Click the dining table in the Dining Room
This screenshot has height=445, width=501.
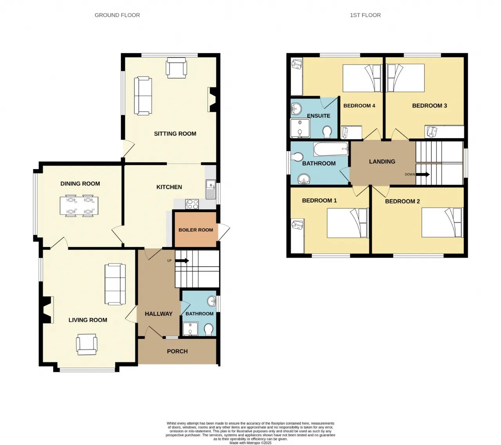79,205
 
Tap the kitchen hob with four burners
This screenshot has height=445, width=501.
192,204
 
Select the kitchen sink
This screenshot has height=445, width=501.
211,189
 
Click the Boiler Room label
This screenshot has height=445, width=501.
196,230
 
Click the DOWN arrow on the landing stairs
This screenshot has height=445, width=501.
423,175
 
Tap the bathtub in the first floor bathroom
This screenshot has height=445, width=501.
331,149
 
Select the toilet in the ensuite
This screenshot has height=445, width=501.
327,132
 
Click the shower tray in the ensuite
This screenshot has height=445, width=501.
300,128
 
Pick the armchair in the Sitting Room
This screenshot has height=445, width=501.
176,68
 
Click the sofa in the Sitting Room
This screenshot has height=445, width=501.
143,96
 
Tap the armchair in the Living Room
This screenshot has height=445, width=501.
86,344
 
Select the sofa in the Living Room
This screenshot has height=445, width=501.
115,284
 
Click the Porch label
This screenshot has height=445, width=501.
177,351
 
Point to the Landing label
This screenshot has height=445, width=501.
382,162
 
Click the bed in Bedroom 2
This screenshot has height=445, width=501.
442,222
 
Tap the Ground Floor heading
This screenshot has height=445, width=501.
117,15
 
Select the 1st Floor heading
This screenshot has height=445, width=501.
365,15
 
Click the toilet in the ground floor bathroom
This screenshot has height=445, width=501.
209,330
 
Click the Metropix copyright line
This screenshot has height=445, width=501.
250,443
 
